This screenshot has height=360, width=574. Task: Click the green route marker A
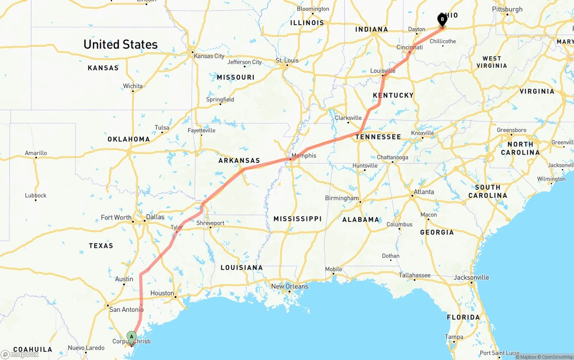(x=131, y=336)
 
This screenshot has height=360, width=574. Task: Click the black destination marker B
(x=442, y=19)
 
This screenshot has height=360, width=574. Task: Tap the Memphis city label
(x=304, y=156)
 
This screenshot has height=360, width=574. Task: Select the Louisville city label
(x=383, y=71)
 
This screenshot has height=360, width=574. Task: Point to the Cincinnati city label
(x=409, y=47)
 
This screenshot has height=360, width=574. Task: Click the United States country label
(x=121, y=44)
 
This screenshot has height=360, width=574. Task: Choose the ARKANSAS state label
(x=239, y=160)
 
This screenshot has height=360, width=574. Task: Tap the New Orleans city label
(x=290, y=286)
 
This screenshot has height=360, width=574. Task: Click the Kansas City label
(x=209, y=56)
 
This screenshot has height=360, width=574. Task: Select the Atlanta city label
(x=424, y=192)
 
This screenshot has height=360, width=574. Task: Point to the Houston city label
(x=162, y=293)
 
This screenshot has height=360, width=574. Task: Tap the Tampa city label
(x=454, y=337)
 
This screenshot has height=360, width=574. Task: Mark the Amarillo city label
(x=36, y=153)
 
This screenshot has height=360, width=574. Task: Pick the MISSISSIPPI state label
(x=297, y=219)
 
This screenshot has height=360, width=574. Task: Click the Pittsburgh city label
(x=507, y=9)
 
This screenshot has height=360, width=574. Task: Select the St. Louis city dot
(x=287, y=66)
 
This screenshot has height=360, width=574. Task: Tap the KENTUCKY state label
(x=393, y=95)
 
